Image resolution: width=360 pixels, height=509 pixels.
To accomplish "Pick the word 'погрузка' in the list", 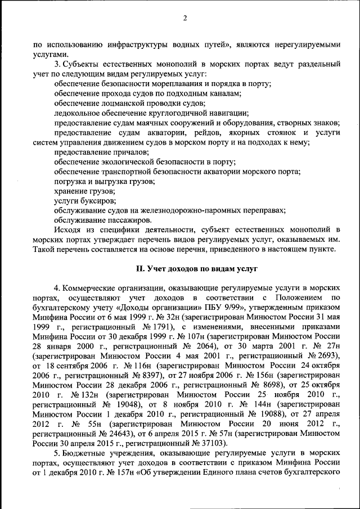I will point(69,181).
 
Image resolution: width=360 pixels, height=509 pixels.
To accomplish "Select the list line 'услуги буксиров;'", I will point(78,200).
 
